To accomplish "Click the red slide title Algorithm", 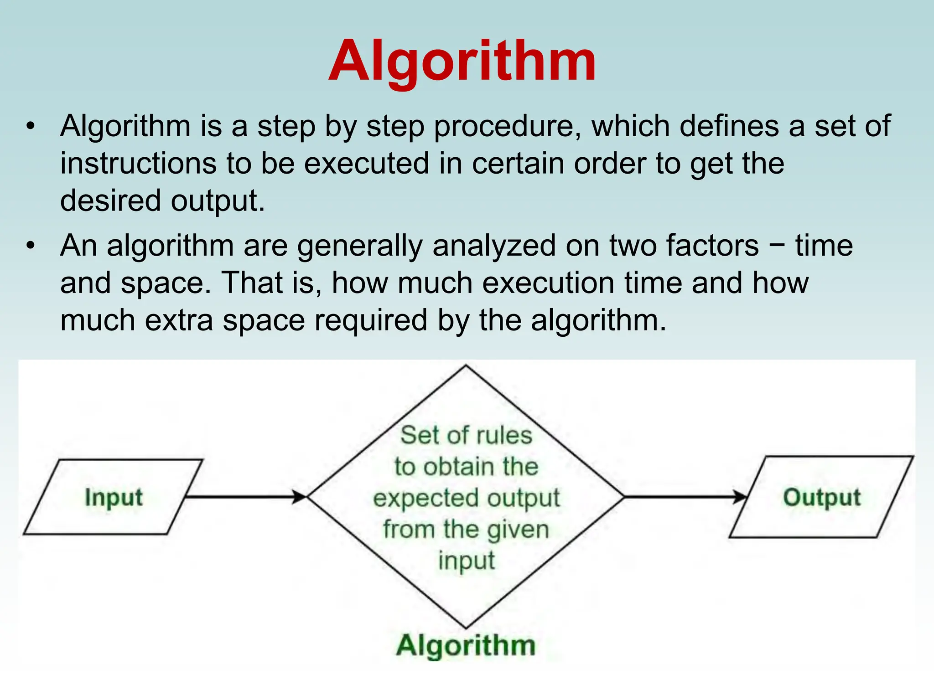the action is coord(462,62).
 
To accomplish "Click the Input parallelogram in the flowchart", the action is coord(114,497).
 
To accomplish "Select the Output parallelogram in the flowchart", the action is coord(821,497).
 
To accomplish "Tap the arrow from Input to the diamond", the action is coord(246,496).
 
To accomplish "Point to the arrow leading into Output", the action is coord(684,496).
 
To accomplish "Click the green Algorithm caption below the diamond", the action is coord(466,645).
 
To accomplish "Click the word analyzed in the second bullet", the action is coord(494,246).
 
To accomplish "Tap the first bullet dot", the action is coord(31,126).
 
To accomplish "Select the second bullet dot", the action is coord(31,246).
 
